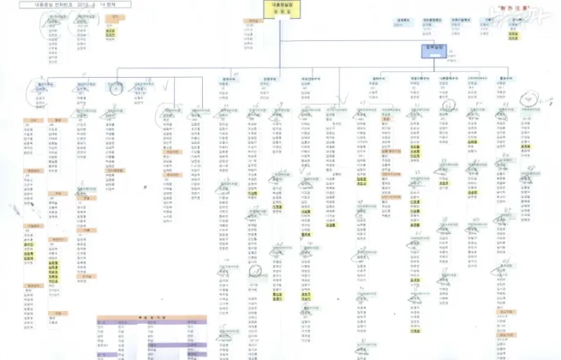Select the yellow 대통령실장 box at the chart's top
(x=282, y=10)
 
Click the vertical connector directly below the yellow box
(x=282, y=41)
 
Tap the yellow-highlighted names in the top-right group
(x=514, y=35)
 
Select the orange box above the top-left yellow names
(x=110, y=22)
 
